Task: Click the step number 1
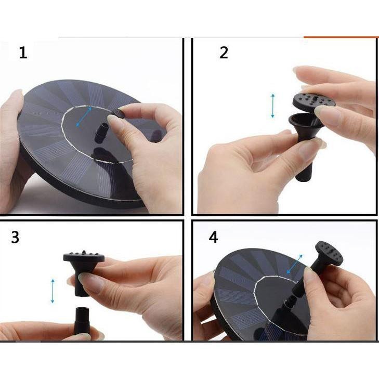click(23, 53)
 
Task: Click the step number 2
click(224, 53)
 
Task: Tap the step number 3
click(15, 237)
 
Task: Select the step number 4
click(213, 237)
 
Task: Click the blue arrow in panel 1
click(84, 117)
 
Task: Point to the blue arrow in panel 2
click(272, 106)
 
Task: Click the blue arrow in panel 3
click(53, 291)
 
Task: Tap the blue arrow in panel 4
click(294, 264)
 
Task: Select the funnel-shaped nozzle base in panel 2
click(305, 145)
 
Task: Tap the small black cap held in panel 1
click(119, 113)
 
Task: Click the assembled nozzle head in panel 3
click(84, 272)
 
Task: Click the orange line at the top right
click(341, 37)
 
